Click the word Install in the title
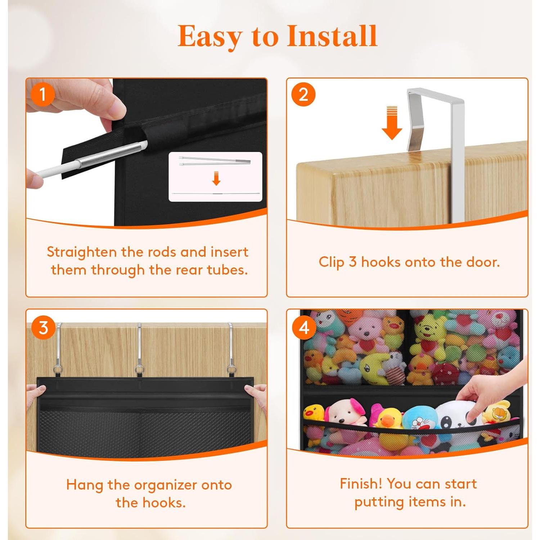click(x=332, y=36)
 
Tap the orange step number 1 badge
click(x=42, y=95)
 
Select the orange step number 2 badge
click(x=303, y=95)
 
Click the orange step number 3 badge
click(x=43, y=328)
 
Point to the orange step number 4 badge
click(x=304, y=328)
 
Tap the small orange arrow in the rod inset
click(x=216, y=179)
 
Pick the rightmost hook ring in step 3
click(x=230, y=370)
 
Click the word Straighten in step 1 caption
click(x=82, y=252)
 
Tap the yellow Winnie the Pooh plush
click(x=428, y=331)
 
